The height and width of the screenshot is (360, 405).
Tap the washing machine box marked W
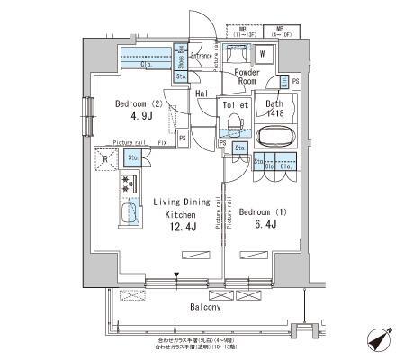coord(262,53)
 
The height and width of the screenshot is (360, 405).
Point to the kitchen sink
coord(129,215)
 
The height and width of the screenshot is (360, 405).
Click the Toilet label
coord(235,106)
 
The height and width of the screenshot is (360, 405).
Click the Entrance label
coord(202,56)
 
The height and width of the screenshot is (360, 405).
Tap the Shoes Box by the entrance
coord(180,61)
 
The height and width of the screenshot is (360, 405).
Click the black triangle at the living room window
coord(178,276)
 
